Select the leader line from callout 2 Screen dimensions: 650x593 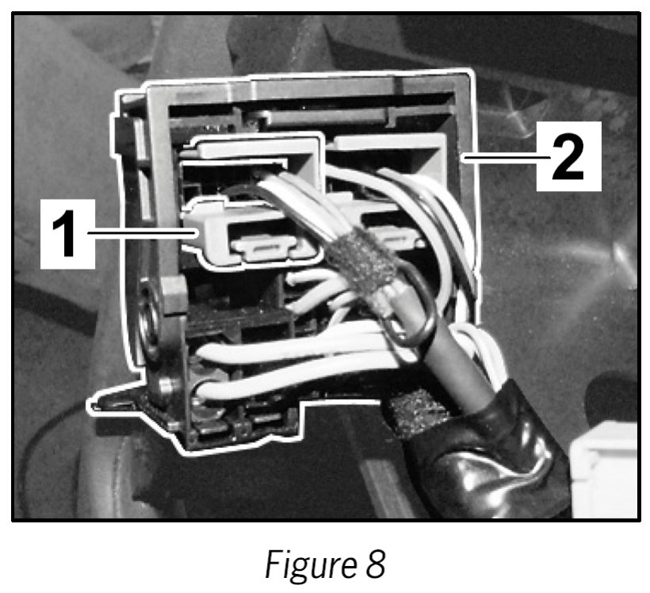pos(499,159)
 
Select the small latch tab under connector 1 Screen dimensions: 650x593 pos(269,251)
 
